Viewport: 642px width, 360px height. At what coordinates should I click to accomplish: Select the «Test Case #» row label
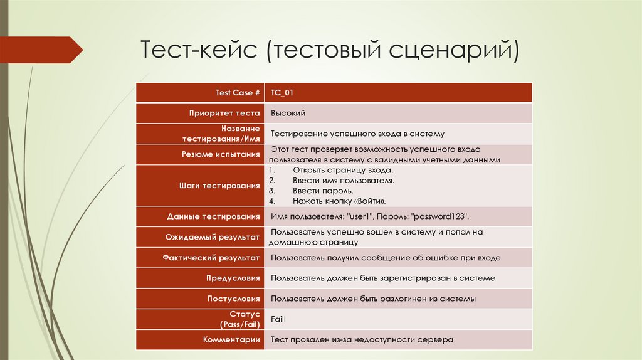[238, 93]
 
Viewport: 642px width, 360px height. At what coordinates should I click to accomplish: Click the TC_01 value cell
[282, 93]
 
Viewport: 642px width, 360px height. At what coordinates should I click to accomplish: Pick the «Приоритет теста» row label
[224, 114]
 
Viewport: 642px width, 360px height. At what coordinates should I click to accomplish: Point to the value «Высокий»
[288, 114]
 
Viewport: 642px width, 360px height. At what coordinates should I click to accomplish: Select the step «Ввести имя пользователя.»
[343, 181]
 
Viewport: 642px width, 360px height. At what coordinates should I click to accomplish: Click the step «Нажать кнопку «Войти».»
[339, 201]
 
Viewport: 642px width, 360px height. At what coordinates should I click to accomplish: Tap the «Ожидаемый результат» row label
[213, 237]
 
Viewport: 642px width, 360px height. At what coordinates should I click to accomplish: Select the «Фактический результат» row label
[211, 258]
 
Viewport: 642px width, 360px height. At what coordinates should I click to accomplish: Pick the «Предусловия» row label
[233, 278]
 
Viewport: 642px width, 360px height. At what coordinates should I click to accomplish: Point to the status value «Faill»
[278, 319]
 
